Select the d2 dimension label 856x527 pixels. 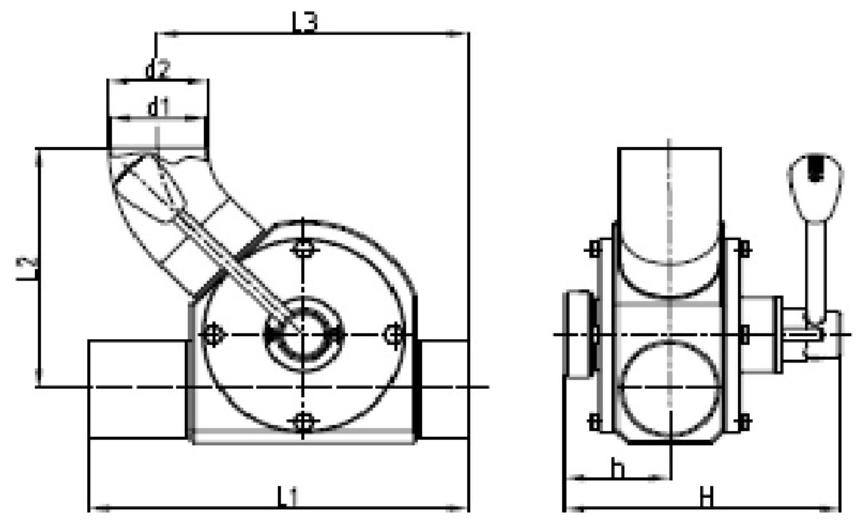157,70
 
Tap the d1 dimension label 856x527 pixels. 159,107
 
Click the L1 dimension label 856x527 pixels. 288,497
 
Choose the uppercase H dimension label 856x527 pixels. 706,498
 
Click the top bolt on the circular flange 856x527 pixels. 303,248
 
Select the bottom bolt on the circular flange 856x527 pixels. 303,423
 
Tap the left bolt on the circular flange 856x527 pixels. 213,335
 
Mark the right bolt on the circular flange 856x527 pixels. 393,334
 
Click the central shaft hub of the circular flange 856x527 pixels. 303,335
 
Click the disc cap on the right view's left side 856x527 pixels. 578,335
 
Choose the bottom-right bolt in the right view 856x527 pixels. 744,422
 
